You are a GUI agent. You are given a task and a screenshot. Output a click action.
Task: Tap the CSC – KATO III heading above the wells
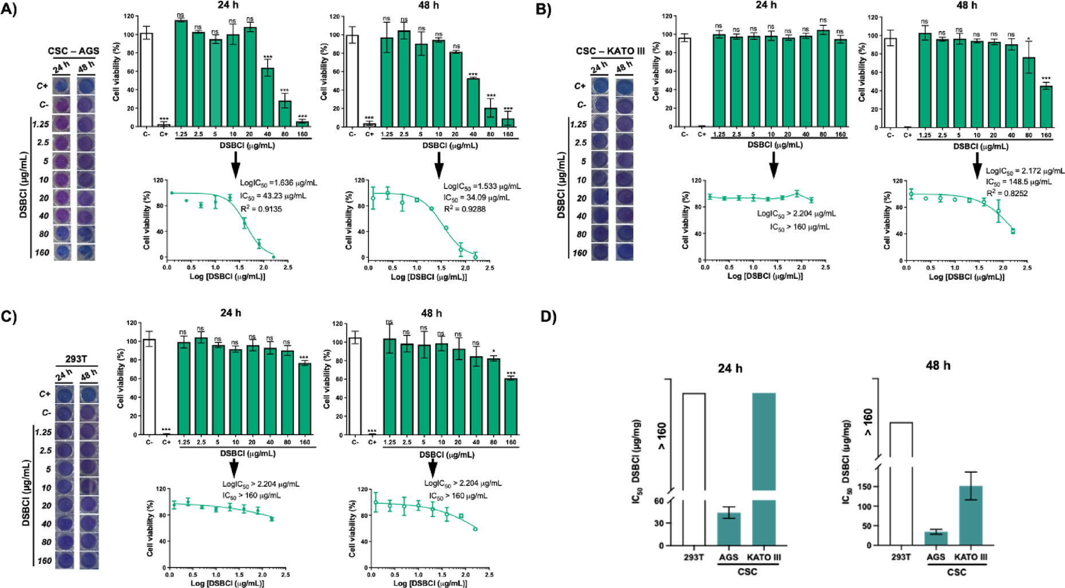tap(610, 51)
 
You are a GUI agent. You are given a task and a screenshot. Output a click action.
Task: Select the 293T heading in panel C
tap(76, 359)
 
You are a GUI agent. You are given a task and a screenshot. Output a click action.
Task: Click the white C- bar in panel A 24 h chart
tap(147, 80)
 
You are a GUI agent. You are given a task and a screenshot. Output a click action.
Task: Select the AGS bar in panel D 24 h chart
tap(729, 529)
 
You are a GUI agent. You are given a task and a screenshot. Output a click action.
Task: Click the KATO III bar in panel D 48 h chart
tap(970, 515)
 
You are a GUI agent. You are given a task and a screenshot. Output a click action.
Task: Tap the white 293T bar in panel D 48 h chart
tap(901, 484)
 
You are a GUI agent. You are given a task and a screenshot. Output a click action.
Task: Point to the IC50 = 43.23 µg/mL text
tap(273, 196)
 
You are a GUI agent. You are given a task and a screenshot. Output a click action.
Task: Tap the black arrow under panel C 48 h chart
tap(433, 469)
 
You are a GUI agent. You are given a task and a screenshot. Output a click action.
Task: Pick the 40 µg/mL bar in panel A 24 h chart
tap(268, 97)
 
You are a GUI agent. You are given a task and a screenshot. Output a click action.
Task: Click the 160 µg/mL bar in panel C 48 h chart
tap(511, 407)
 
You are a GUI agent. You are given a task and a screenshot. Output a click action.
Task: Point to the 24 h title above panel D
tap(730, 368)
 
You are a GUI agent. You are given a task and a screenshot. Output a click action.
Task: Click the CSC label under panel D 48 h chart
tap(956, 571)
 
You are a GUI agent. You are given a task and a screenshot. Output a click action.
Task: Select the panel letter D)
tap(548, 317)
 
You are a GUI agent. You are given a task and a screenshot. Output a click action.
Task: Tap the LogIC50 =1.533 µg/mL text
tap(482, 186)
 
